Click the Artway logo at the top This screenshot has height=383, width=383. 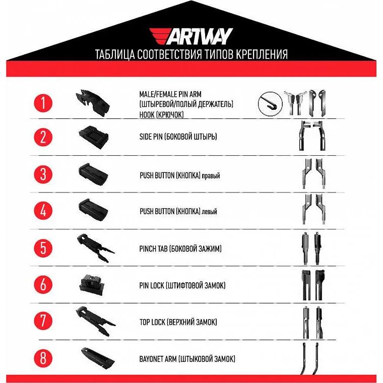pos(191,36)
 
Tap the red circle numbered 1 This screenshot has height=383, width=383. pos(43,103)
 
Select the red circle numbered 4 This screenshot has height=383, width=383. pos(43,211)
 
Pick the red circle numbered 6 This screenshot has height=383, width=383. pos(43,284)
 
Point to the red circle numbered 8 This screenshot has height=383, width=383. pos(43,358)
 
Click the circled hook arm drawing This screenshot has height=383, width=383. pos(270,104)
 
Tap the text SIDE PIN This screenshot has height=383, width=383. pos(151,137)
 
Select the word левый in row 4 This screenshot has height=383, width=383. pos(209,212)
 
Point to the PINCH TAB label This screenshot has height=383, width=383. pos(153,249)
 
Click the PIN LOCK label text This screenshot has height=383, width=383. pos(152,285)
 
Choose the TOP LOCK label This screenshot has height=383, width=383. pos(152,322)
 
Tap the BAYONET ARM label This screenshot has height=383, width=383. pos(158,359)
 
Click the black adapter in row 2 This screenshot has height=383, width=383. pos(94,137)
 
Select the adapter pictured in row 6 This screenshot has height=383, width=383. pos(92,285)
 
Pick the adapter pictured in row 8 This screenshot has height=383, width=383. pos(98,358)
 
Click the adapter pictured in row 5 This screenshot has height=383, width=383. pos(96,247)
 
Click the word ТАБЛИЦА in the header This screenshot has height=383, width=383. pos(115,54)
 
